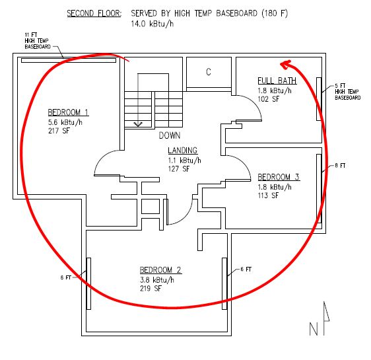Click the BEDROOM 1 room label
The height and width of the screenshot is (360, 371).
point(68,112)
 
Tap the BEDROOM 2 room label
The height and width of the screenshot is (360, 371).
point(160,270)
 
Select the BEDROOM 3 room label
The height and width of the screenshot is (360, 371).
point(279,177)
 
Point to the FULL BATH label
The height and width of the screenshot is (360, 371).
point(277,81)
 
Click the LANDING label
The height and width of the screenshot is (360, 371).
point(182,151)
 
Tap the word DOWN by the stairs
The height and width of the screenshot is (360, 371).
point(170,135)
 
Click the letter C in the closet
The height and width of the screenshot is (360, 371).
point(209,72)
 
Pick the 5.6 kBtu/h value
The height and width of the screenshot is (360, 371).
point(65,122)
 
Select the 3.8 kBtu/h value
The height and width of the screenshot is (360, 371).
point(157,280)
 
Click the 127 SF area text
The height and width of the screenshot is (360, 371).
point(179,168)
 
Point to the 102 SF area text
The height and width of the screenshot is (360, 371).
point(268,99)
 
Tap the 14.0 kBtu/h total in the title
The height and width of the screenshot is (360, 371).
point(152,24)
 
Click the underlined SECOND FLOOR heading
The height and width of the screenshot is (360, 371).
point(94,13)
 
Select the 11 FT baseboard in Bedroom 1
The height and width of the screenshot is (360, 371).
point(69,60)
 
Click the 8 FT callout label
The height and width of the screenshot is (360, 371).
point(340,165)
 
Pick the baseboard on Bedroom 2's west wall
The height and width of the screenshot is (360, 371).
point(88,283)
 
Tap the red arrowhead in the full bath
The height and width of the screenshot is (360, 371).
point(285,64)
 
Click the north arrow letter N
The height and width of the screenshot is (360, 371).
point(314,329)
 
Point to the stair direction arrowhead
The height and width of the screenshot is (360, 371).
point(138,124)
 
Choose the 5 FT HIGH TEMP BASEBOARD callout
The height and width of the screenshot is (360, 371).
point(348,92)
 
